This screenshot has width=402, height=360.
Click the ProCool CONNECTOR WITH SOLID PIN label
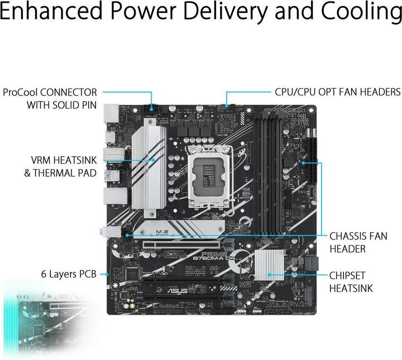point(50,98)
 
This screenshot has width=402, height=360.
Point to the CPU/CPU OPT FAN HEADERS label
point(337,92)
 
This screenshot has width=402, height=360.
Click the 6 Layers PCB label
point(68,274)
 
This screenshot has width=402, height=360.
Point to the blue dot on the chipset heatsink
point(269,274)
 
